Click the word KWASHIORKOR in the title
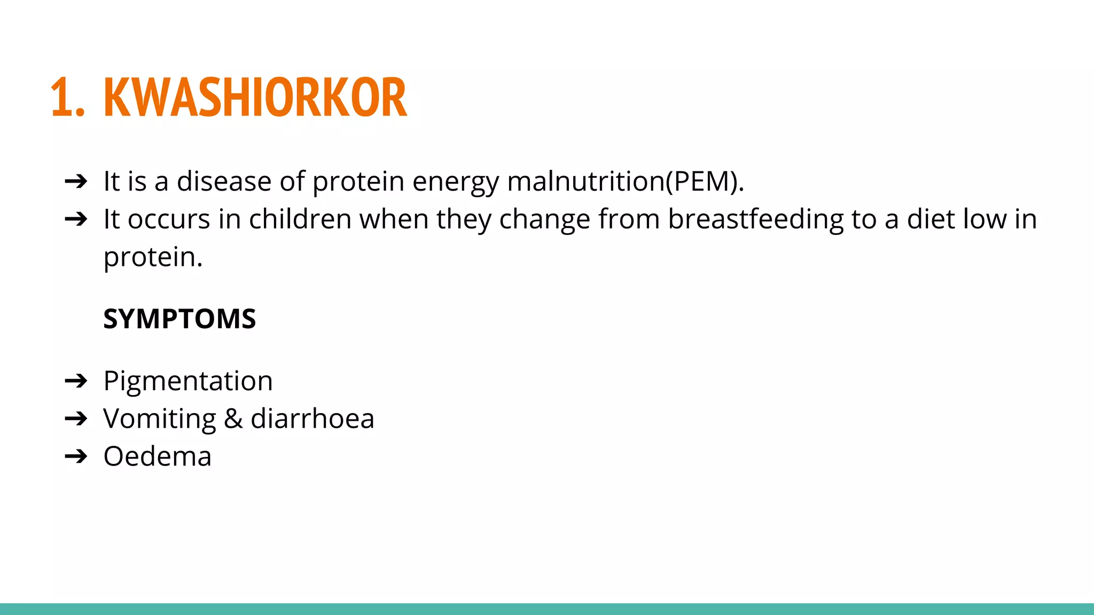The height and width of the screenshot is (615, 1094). [255, 97]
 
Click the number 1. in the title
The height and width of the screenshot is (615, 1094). [67, 97]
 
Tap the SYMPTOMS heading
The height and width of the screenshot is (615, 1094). [179, 319]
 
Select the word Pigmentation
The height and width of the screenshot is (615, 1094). [188, 381]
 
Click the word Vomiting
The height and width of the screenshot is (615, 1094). [159, 419]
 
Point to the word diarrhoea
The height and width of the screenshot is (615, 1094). [312, 419]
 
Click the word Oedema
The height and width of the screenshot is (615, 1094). [158, 456]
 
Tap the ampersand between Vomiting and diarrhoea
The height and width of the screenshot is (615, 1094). [233, 419]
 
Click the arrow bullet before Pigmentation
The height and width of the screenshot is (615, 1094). [76, 381]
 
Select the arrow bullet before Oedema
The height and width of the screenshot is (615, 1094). [76, 456]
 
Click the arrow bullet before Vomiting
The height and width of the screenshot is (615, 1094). [76, 419]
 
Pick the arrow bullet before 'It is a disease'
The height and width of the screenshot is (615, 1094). [76, 182]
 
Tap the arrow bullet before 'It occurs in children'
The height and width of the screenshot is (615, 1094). [76, 219]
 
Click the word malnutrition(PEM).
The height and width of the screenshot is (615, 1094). [625, 182]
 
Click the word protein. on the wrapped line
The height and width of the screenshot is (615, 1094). [153, 258]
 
